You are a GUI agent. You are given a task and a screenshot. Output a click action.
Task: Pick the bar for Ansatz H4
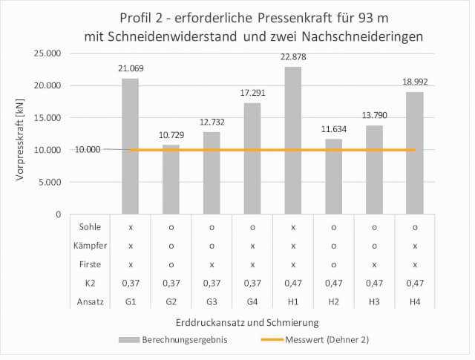415,153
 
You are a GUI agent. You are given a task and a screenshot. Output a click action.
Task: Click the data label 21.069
131,68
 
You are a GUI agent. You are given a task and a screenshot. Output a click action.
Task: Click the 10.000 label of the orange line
88,149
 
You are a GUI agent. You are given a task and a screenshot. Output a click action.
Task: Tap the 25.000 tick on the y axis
47,53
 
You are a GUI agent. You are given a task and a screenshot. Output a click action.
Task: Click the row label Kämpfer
89,244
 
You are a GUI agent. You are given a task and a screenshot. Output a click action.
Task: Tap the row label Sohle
89,226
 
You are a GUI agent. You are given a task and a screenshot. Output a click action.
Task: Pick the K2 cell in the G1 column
131,283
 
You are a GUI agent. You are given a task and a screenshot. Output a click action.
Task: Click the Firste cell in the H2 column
334,264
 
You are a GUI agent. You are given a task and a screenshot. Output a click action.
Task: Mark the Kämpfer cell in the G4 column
252,244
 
